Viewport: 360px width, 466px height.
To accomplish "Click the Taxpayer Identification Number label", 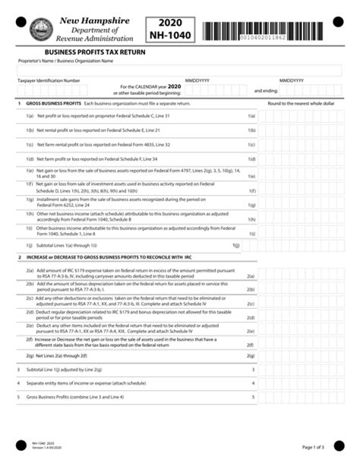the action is [49, 80].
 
